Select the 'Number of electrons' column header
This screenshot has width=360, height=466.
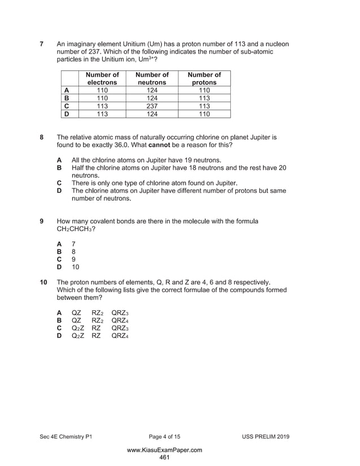pyautogui.click(x=102, y=78)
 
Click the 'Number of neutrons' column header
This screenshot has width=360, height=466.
pyautogui.click(x=152, y=78)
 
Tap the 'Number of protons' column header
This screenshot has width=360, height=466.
pyautogui.click(x=204, y=78)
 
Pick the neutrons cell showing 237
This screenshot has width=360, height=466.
pyautogui.click(x=152, y=105)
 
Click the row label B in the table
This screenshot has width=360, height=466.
pyautogui.click(x=67, y=98)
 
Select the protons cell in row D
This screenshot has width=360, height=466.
pyautogui.click(x=204, y=114)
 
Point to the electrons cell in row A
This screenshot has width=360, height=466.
pyautogui.click(x=102, y=90)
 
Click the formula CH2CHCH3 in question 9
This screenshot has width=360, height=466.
pyautogui.click(x=76, y=230)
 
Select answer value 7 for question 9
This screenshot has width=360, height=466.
pyautogui.click(x=73, y=244)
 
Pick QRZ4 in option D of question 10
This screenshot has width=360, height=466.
pyautogui.click(x=120, y=335)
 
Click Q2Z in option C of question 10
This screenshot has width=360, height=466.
pyautogui.click(x=78, y=327)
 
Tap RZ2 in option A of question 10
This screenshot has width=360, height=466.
pyautogui.click(x=97, y=312)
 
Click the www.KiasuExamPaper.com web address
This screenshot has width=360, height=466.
pyautogui.click(x=164, y=450)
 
